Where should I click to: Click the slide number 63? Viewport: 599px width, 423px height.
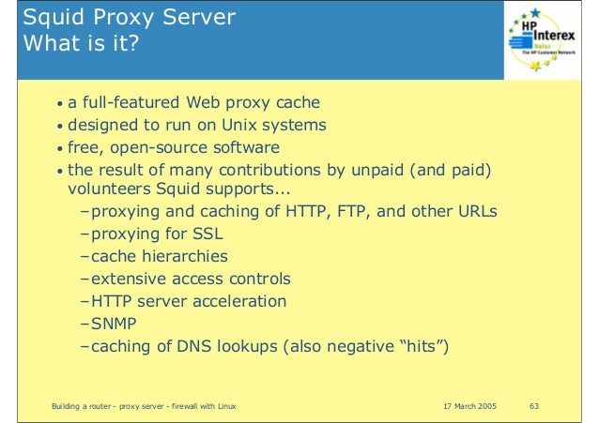pyautogui.click(x=536, y=404)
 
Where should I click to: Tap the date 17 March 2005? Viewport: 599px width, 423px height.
pyautogui.click(x=468, y=404)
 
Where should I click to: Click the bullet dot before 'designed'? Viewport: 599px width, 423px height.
pyautogui.click(x=60, y=126)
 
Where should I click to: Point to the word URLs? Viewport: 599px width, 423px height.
pyautogui.click(x=474, y=210)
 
